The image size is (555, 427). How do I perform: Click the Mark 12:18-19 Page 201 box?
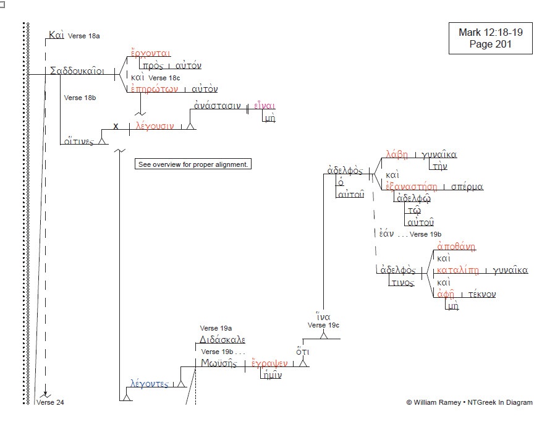490,38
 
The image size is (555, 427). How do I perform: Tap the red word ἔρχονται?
150,53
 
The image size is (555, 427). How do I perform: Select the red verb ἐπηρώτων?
154,89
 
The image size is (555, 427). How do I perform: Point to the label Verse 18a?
83,36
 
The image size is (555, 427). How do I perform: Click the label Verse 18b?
80,98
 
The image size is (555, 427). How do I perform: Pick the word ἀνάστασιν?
217,106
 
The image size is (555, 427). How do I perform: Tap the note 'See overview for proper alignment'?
193,164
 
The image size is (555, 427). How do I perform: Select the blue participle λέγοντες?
149,384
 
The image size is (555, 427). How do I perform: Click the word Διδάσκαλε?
222,340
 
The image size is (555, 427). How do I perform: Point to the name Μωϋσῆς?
219,363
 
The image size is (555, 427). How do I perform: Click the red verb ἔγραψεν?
269,363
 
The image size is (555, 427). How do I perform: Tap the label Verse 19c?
323,325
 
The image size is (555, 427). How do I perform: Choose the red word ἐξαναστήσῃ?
411,186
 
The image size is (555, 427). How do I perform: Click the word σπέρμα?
467,186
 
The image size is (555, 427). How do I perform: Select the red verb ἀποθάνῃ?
456,247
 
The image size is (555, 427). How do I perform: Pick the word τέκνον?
481,294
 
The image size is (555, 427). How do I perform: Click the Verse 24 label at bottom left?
50,403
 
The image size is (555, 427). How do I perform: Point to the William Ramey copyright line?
469,402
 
